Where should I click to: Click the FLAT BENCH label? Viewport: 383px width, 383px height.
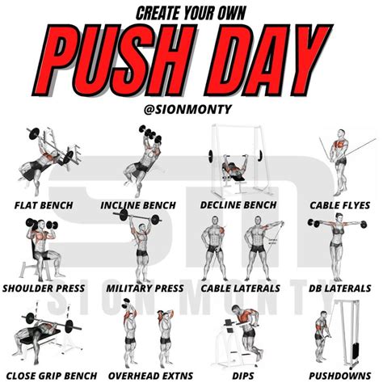[44, 205]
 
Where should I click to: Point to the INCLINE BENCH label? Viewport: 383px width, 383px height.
[143, 205]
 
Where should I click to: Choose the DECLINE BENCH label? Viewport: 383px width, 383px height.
[238, 205]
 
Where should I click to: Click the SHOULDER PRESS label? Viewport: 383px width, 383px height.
[44, 288]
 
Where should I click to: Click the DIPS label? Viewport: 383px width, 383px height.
[238, 375]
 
